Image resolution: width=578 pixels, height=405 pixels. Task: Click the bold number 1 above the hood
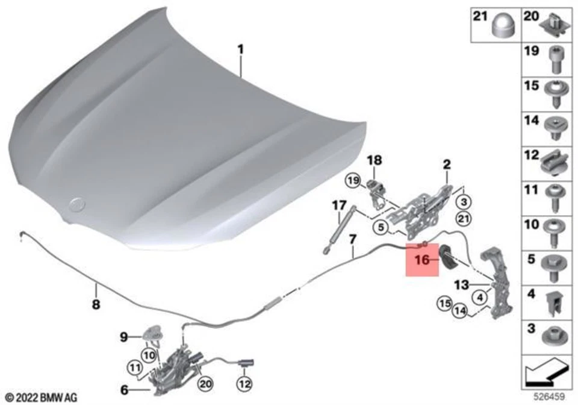pyautogui.click(x=241, y=49)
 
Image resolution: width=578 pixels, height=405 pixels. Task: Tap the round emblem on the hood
pyautogui.click(x=77, y=204)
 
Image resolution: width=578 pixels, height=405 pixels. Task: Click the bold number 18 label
pyautogui.click(x=374, y=160)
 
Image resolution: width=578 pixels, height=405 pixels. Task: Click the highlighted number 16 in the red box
pyautogui.click(x=421, y=260)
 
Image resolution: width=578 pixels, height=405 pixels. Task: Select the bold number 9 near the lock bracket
pyautogui.click(x=124, y=337)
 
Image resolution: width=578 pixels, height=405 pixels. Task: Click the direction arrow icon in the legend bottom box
pyautogui.click(x=546, y=374)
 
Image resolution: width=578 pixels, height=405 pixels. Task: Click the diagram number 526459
pyautogui.click(x=552, y=398)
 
